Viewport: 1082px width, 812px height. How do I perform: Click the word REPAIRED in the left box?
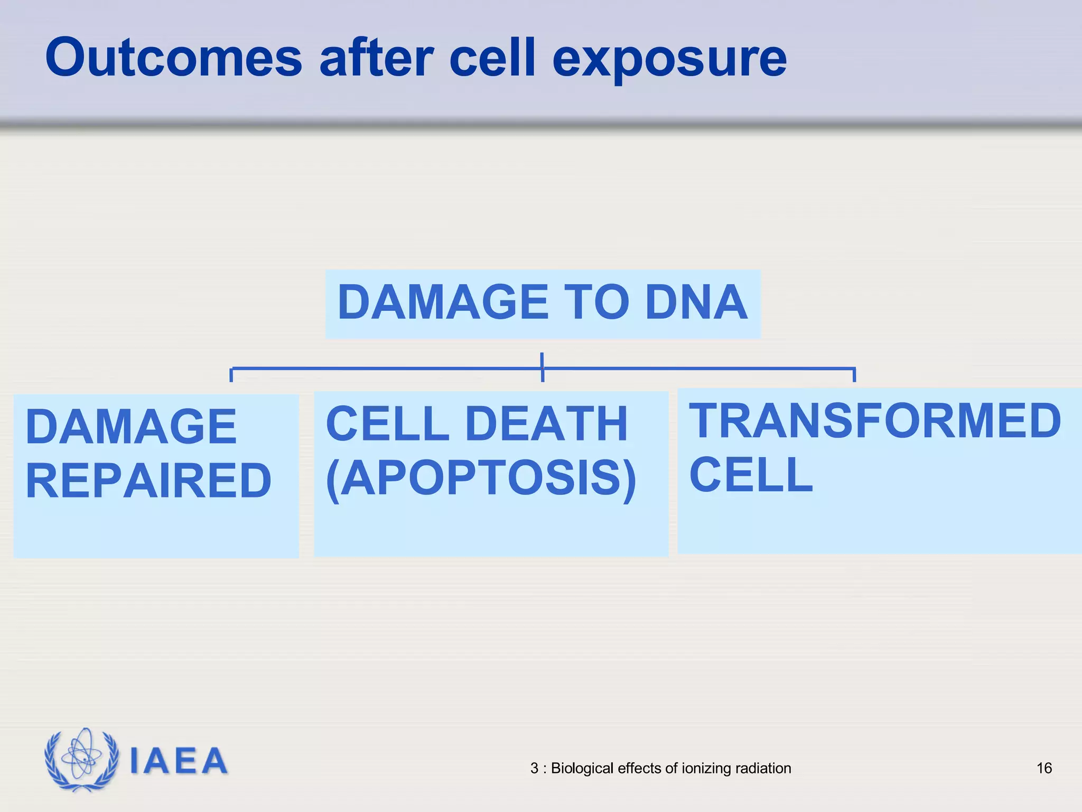pyautogui.click(x=148, y=481)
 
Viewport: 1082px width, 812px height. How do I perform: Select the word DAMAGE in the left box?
pyautogui.click(x=130, y=427)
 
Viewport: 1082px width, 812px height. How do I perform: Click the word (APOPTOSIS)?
pyautogui.click(x=481, y=478)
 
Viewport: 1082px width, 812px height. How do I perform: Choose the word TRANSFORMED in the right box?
pyautogui.click(x=875, y=421)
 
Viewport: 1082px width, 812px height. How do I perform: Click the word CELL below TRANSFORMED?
pyautogui.click(x=751, y=475)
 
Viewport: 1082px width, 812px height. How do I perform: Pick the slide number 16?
pyautogui.click(x=1044, y=768)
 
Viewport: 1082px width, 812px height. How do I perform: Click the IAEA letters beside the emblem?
pyautogui.click(x=179, y=761)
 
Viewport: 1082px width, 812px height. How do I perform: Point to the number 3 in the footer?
pyautogui.click(x=534, y=768)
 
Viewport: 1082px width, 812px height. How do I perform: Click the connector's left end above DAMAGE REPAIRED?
pyautogui.click(x=231, y=374)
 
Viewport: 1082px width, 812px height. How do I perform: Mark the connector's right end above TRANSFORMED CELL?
pyautogui.click(x=854, y=374)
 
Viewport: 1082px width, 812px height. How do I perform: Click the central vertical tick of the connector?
pyautogui.click(x=542, y=367)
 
